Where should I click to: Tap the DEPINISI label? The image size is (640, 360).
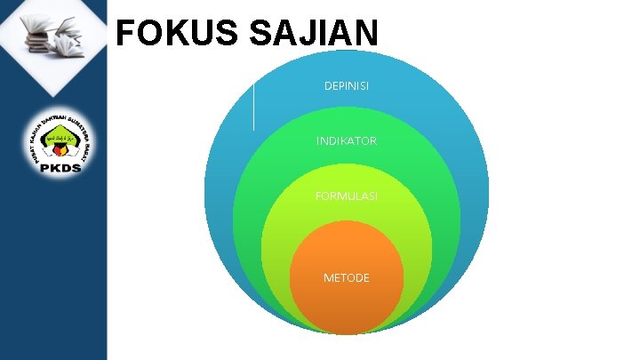(347, 86)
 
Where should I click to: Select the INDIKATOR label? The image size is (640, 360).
(346, 140)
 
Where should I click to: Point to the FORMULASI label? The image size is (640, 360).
(346, 195)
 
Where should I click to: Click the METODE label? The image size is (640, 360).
(346, 278)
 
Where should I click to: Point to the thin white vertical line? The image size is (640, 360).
(254, 105)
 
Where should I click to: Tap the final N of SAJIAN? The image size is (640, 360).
(366, 35)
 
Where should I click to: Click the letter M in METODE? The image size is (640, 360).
(327, 278)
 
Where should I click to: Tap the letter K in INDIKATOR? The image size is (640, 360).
(342, 140)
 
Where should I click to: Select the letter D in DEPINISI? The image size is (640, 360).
(327, 86)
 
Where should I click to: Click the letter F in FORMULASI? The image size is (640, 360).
(318, 195)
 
